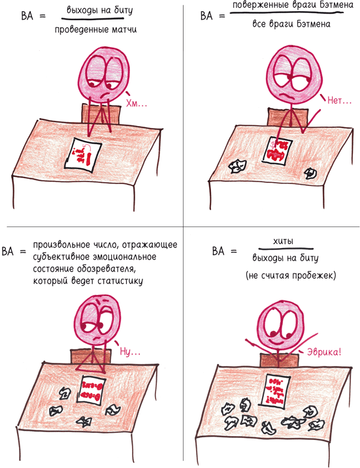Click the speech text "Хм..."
tap(137, 103)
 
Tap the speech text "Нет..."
tap(339, 100)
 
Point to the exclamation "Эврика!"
tap(324, 352)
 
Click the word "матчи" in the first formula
tap(124, 29)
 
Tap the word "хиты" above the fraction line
tap(283, 241)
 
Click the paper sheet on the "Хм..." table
tap(84, 154)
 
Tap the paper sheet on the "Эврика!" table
tap(275, 391)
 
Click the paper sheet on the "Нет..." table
tap(276, 151)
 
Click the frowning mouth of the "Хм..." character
tap(103, 95)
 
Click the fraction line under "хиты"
tap(286, 248)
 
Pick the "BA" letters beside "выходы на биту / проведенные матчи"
tap(27, 16)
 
